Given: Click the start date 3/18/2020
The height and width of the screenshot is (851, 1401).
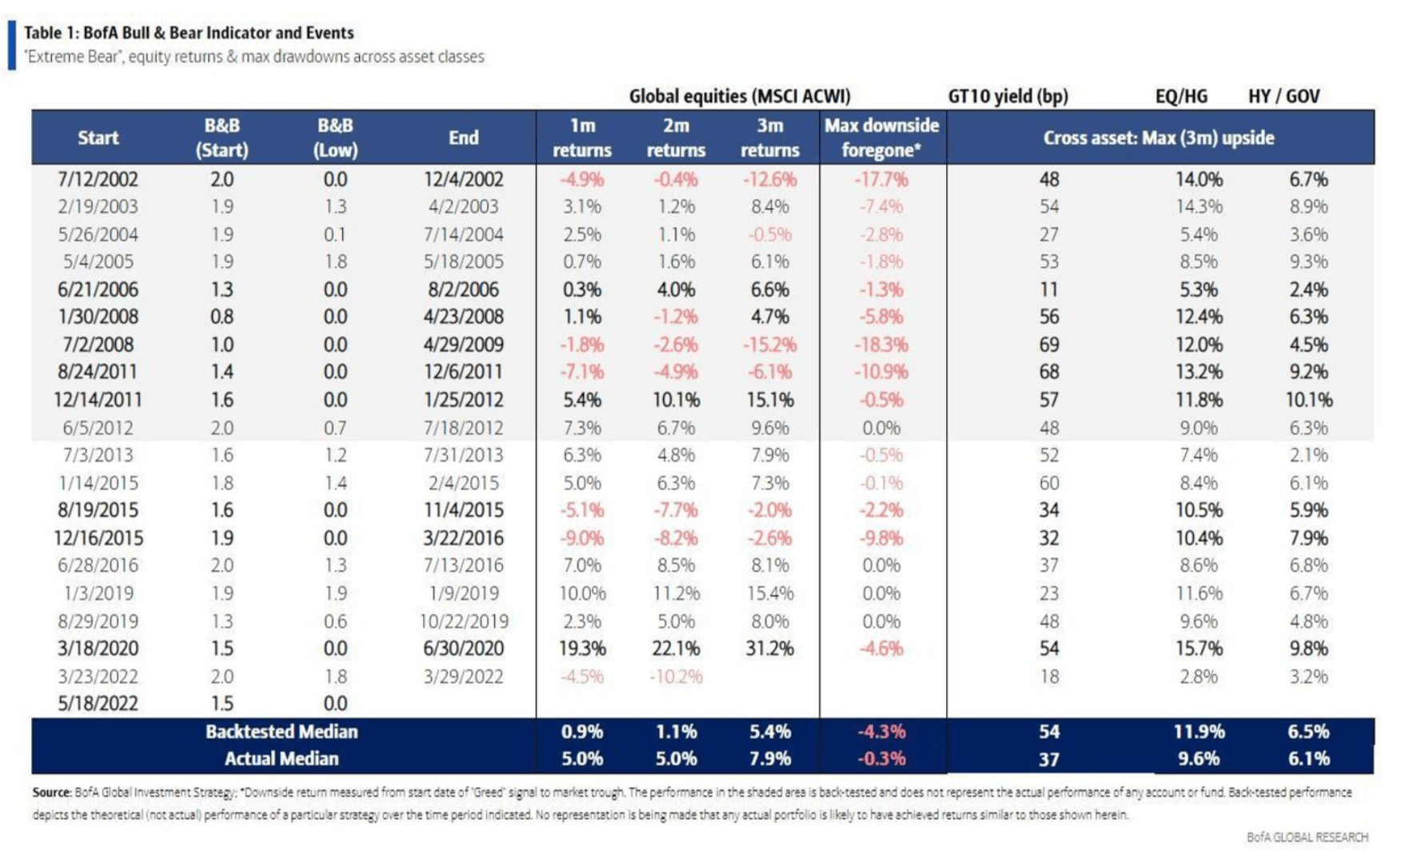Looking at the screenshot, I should pyautogui.click(x=98, y=649).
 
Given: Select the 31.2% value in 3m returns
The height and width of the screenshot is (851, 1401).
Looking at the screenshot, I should pyautogui.click(x=769, y=649).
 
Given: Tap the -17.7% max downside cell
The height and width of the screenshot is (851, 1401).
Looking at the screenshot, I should pyautogui.click(x=881, y=180).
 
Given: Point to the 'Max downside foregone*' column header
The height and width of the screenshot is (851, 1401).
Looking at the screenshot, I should pyautogui.click(x=881, y=138).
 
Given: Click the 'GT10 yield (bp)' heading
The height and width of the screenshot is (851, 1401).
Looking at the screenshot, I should pyautogui.click(x=1008, y=97).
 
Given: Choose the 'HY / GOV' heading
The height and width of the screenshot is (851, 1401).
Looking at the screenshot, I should pyautogui.click(x=1283, y=97).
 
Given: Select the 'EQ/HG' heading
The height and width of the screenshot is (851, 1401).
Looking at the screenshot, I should pyautogui.click(x=1181, y=97).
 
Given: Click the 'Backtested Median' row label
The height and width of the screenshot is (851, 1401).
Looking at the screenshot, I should pyautogui.click(x=281, y=732).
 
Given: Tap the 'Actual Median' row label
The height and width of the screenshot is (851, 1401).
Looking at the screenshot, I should pyautogui.click(x=281, y=759).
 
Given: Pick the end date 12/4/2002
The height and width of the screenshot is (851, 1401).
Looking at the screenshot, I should pyautogui.click(x=464, y=180).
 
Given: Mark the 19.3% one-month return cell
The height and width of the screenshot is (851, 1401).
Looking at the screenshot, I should pyautogui.click(x=581, y=649).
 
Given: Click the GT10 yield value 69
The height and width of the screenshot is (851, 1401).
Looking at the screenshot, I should pyautogui.click(x=1048, y=345).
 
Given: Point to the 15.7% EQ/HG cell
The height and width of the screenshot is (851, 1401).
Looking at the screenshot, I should pyautogui.click(x=1198, y=649).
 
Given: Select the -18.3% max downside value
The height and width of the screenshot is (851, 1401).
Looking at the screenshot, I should pyautogui.click(x=881, y=345).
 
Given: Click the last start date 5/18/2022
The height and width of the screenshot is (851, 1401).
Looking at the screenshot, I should pyautogui.click(x=98, y=704).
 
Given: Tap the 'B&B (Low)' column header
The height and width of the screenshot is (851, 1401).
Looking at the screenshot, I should pyautogui.click(x=335, y=138).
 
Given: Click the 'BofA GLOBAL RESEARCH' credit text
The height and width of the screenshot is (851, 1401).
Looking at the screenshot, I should pyautogui.click(x=1307, y=837).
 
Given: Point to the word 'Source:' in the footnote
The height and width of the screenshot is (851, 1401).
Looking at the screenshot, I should pyautogui.click(x=52, y=793).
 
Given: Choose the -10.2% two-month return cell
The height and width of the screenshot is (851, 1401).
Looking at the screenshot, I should pyautogui.click(x=676, y=677).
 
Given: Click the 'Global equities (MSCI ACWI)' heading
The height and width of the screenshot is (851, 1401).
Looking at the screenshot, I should pyautogui.click(x=740, y=97).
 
